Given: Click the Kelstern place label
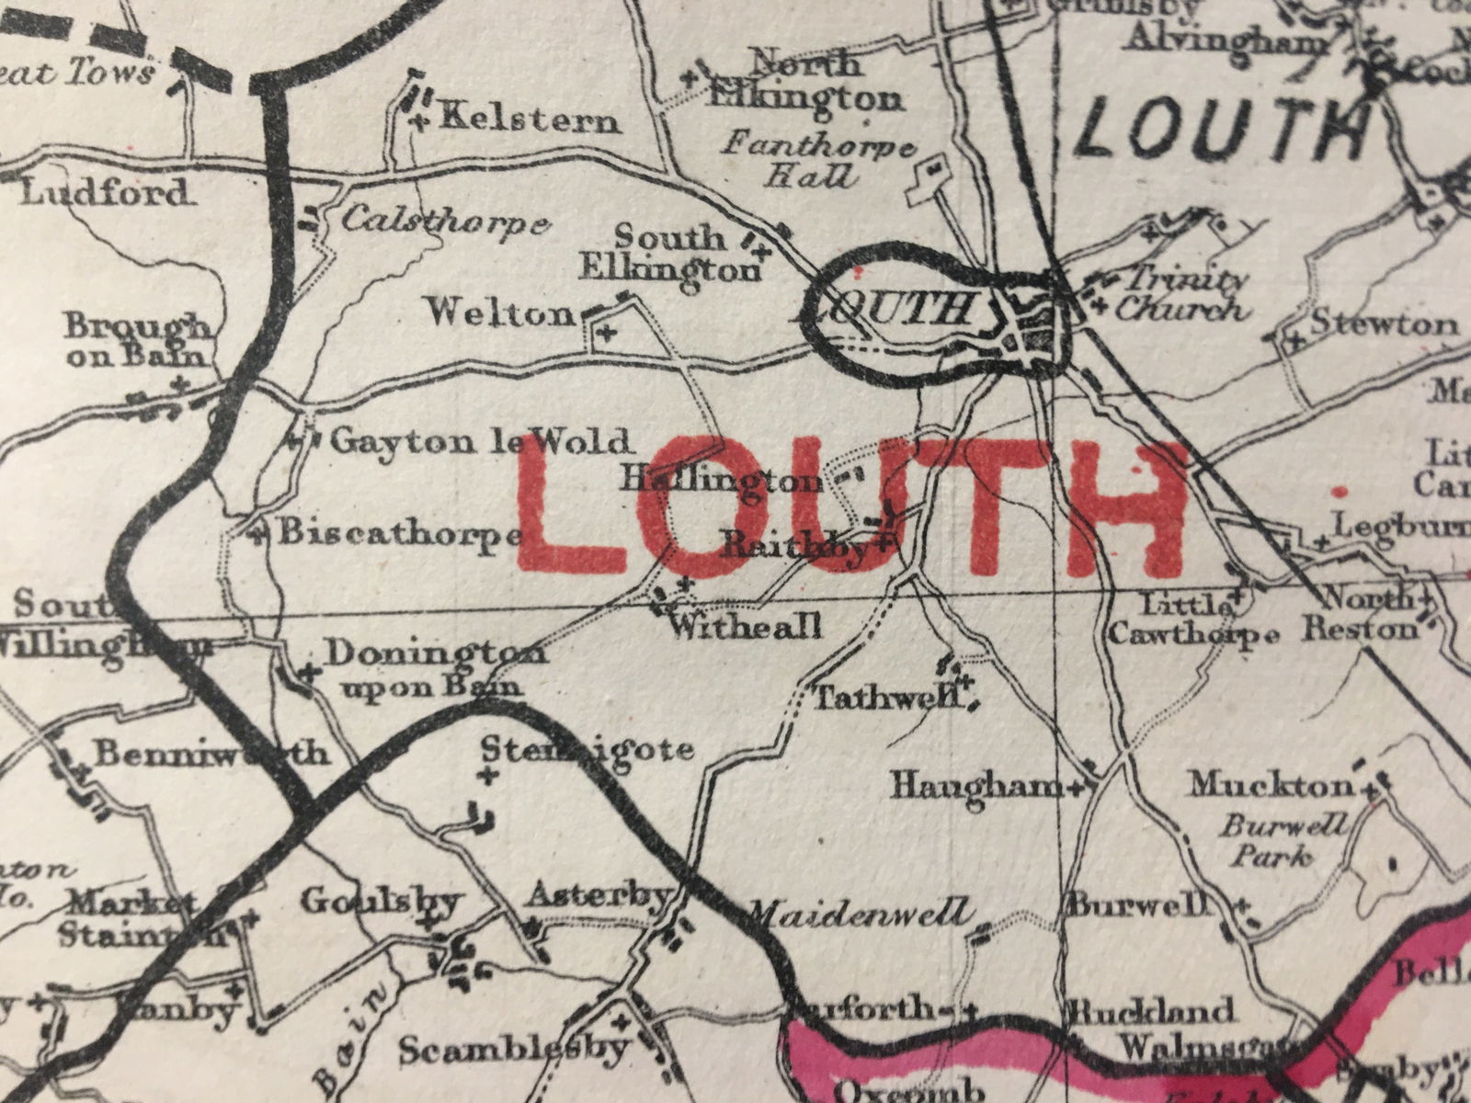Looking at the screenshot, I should (530, 119).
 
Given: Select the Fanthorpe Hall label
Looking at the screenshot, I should (818, 159).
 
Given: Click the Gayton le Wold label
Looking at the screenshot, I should (482, 442).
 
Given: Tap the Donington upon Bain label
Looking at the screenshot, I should (436, 669).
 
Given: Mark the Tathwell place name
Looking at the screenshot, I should (888, 699).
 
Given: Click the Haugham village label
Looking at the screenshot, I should (976, 786).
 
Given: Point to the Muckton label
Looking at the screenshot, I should (1271, 785).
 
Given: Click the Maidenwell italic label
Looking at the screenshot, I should (859, 913).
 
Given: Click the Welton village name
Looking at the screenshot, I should (500, 314).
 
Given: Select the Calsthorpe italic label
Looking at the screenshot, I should (446, 222).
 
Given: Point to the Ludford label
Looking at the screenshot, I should (103, 193).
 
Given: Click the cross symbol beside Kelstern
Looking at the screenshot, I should (421, 120).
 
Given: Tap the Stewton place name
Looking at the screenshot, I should (1383, 324).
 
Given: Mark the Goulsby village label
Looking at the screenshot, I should (379, 901).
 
